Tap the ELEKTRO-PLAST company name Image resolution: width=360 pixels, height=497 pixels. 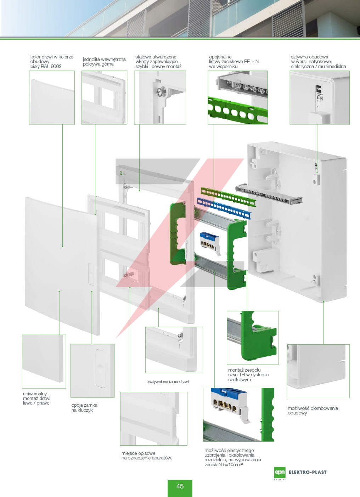pos(308,472)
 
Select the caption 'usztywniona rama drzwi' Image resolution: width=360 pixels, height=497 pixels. pos(167,382)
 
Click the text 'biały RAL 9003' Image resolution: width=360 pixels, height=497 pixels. pos(46,66)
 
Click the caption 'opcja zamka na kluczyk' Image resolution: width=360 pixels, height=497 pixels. pos(84,408)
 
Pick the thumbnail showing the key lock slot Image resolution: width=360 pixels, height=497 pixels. pos(92,371)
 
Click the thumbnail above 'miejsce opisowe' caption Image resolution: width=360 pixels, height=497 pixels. pos(153,418)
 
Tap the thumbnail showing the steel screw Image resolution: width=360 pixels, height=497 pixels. pos(160,97)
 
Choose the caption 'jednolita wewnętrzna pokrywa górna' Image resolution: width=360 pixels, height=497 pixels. pos(104,62)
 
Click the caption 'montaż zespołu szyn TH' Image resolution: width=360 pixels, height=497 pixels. pos(248,375)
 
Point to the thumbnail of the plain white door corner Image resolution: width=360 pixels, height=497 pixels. pos(44,361)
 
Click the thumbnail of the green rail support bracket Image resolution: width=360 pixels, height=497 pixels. pos(253,338)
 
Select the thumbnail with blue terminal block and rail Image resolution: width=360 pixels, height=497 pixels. pos(238,414)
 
